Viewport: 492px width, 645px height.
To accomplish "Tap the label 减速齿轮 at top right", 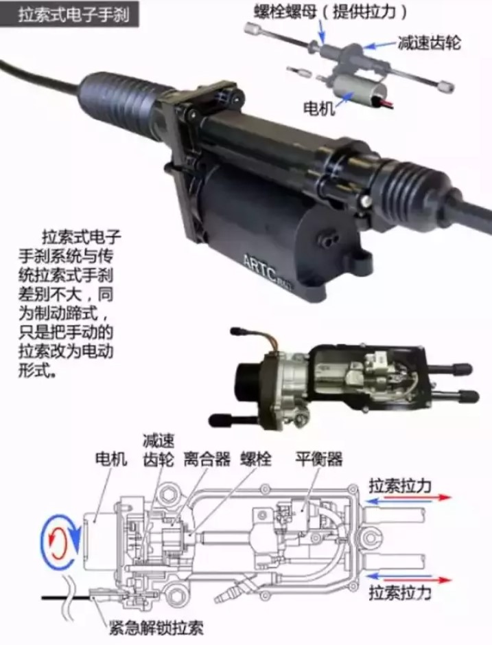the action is [x=429, y=43].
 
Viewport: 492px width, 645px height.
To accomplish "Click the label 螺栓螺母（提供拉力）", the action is [x=329, y=12].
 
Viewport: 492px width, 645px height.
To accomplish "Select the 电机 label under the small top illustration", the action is [x=318, y=108].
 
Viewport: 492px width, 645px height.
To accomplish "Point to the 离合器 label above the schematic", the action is [x=207, y=459].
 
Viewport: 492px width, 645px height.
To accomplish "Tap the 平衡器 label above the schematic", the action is [x=319, y=459].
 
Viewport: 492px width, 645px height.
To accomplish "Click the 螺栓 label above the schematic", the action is [x=256, y=459].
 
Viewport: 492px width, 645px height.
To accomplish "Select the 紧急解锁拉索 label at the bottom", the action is [x=156, y=628].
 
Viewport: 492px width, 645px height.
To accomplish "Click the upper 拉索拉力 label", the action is [x=399, y=486].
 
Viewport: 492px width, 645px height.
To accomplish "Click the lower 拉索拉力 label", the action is [x=399, y=593].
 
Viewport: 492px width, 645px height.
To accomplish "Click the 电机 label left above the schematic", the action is [x=111, y=459].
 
